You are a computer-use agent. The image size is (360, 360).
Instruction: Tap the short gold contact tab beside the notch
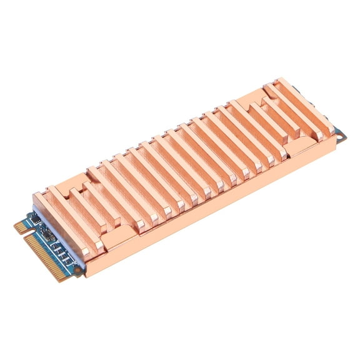pos(21,226)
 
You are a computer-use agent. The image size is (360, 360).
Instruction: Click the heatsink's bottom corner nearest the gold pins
pos(88,275)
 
